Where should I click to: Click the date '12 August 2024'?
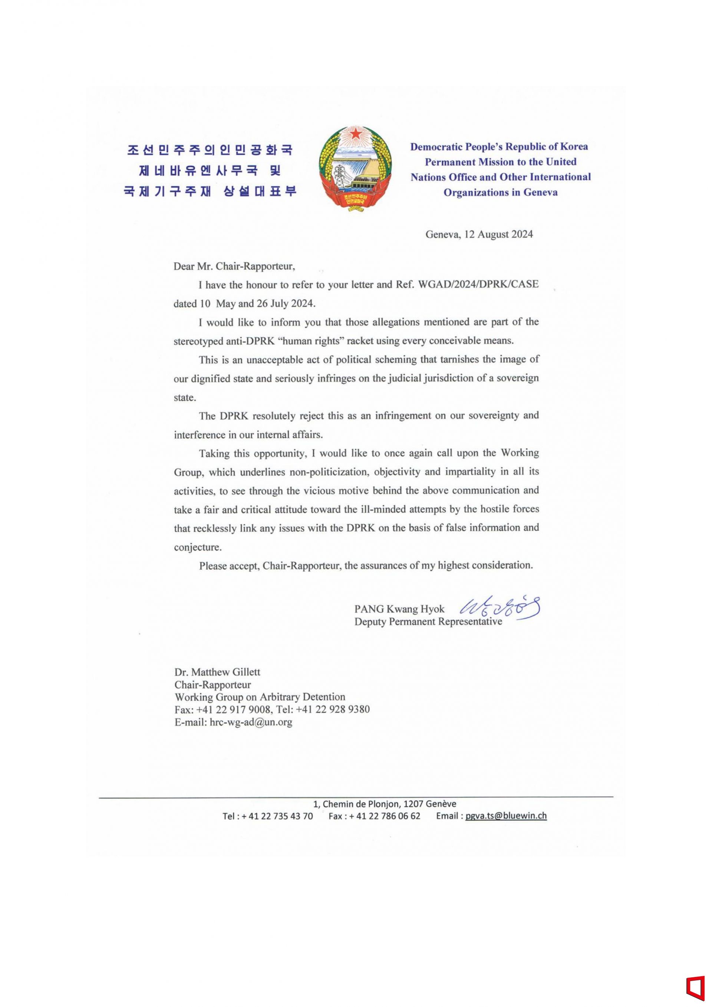[x=505, y=234]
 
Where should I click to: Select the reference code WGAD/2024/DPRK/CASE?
[x=479, y=284]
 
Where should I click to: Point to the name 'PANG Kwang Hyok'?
[x=399, y=609]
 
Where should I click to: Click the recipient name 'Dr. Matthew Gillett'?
[x=217, y=672]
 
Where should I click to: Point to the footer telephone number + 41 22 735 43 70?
[x=277, y=816]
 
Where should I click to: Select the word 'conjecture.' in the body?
[x=198, y=547]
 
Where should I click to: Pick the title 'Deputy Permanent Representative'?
[x=428, y=621]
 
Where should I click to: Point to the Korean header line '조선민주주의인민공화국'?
[x=210, y=150]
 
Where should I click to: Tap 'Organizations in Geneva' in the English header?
[x=500, y=192]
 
